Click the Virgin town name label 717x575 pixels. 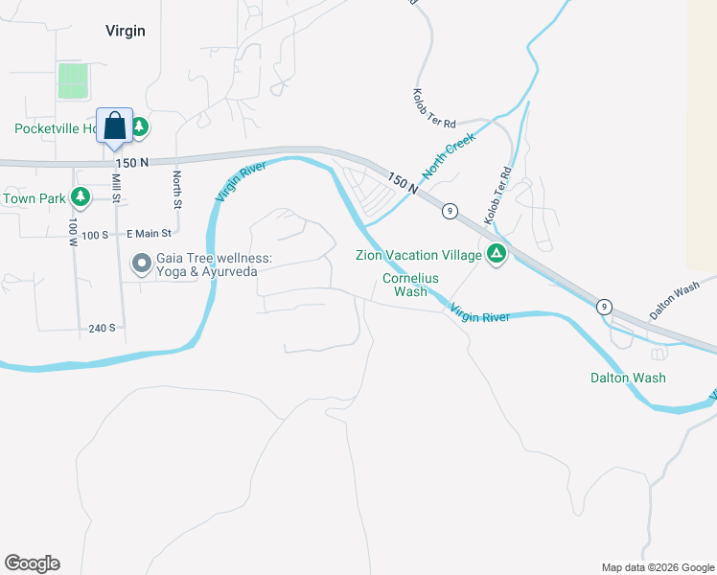pyautogui.click(x=126, y=31)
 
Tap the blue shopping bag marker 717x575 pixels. pyautogui.click(x=114, y=126)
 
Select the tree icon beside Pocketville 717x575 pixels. pyautogui.click(x=139, y=126)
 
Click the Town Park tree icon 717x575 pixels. pyautogui.click(x=81, y=197)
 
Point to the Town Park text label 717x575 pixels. pyautogui.click(x=34, y=198)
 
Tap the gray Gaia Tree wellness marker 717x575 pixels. pyautogui.click(x=142, y=261)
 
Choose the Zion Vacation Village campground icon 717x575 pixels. pyautogui.click(x=496, y=254)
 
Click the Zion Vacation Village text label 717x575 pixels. pyautogui.click(x=418, y=255)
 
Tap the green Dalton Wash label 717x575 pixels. pyautogui.click(x=628, y=378)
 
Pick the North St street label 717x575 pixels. pyautogui.click(x=177, y=190)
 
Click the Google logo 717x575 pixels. pyautogui.click(x=32, y=563)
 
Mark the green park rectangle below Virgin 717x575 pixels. pyautogui.click(x=73, y=80)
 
